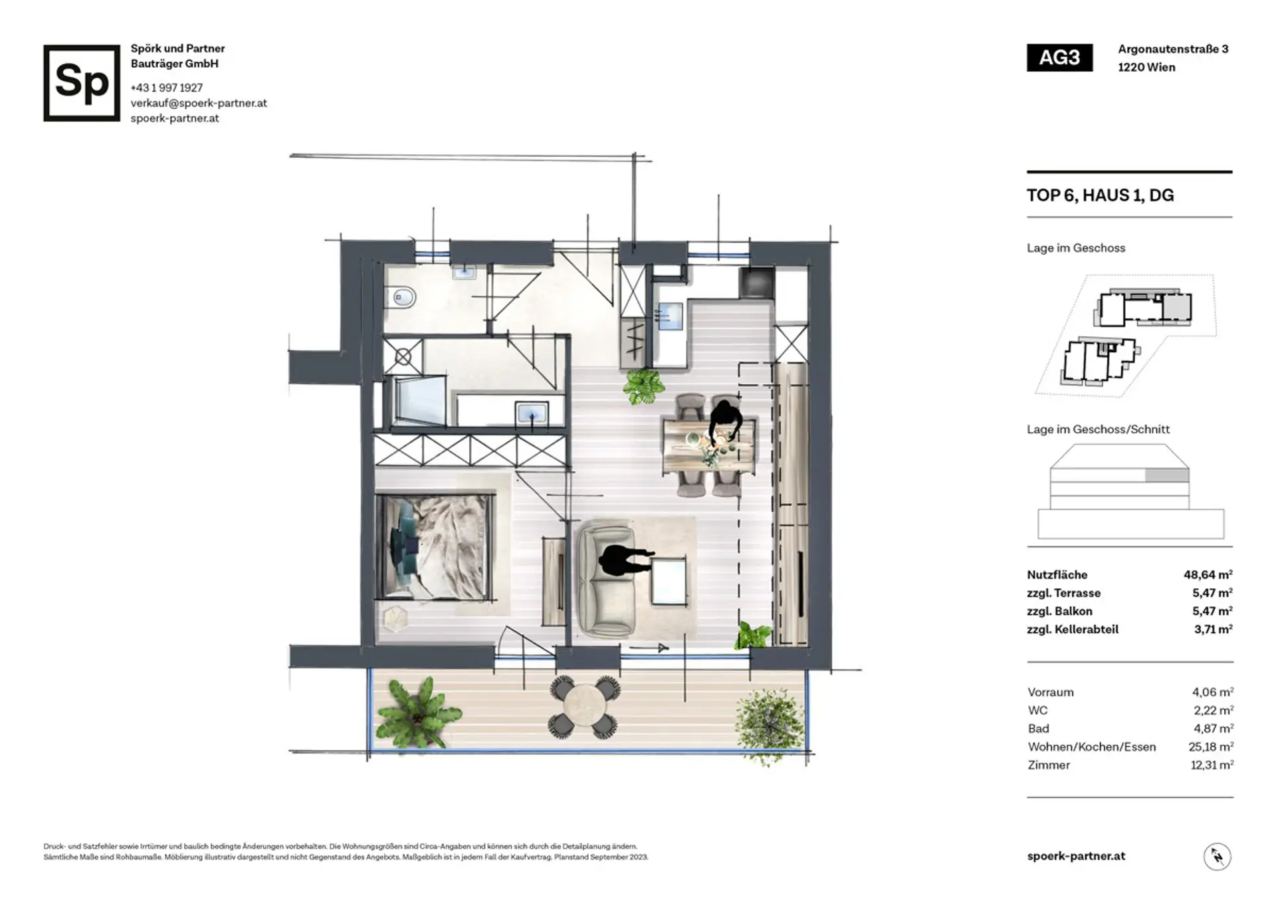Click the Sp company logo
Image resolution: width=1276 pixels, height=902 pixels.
(x=82, y=83)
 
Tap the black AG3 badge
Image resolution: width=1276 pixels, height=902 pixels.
(x=1059, y=58)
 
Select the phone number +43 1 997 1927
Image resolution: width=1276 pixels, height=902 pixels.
(x=167, y=88)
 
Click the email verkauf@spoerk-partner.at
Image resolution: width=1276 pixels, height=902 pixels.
(x=199, y=103)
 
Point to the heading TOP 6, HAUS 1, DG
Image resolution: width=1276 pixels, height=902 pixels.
(x=1100, y=195)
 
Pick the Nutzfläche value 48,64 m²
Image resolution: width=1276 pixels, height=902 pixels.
(x=1208, y=574)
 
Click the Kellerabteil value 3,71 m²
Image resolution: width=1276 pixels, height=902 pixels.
(x=1213, y=629)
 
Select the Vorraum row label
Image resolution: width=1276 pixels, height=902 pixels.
(x=1050, y=692)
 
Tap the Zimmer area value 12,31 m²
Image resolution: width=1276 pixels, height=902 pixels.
(x=1212, y=764)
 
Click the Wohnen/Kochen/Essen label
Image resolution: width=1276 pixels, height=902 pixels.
(x=1091, y=746)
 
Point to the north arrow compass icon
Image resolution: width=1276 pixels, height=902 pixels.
(x=1217, y=856)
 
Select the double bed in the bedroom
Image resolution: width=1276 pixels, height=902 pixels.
(x=435, y=546)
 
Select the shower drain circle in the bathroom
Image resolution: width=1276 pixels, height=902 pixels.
(x=403, y=358)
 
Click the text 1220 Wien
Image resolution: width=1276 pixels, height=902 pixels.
(x=1146, y=67)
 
